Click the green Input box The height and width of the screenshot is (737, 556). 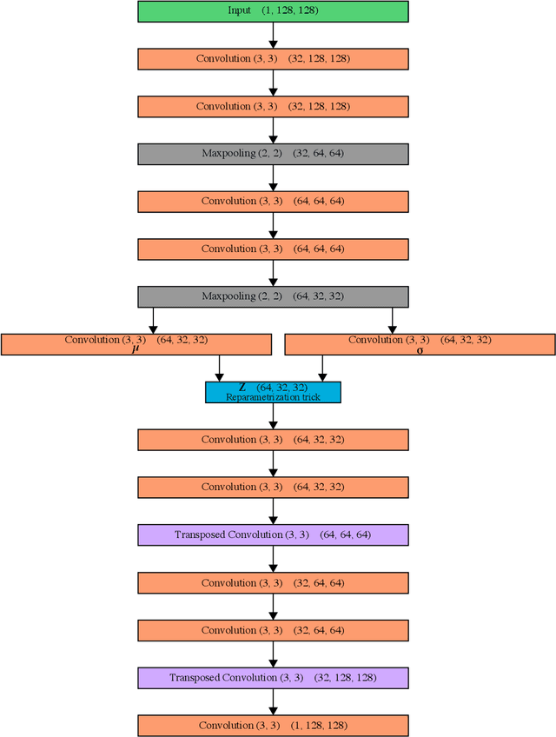click(x=273, y=11)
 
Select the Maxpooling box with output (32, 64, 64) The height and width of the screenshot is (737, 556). click(x=273, y=154)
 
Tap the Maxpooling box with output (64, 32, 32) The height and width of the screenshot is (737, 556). click(x=273, y=296)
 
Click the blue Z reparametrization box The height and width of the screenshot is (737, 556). click(x=273, y=392)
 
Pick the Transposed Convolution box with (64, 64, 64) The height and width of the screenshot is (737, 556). click(x=273, y=534)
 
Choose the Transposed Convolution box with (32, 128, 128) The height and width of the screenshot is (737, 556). click(x=273, y=677)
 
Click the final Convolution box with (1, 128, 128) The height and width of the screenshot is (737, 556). click(x=273, y=725)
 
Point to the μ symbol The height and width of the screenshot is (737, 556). click(x=136, y=349)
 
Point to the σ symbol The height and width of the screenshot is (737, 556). click(x=420, y=350)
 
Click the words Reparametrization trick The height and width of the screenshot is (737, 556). click(x=273, y=397)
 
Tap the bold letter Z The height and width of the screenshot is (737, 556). click(x=242, y=387)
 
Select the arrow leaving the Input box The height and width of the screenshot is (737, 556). click(x=273, y=35)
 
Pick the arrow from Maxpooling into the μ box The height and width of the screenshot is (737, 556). click(x=154, y=321)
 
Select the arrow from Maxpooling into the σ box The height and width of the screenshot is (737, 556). click(x=392, y=321)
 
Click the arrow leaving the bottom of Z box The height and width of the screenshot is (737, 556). click(x=273, y=415)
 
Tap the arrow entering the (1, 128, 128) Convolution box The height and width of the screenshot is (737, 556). click(x=273, y=701)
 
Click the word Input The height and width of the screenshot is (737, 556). click(x=239, y=11)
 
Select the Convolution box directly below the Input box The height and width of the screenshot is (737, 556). click(x=273, y=59)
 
